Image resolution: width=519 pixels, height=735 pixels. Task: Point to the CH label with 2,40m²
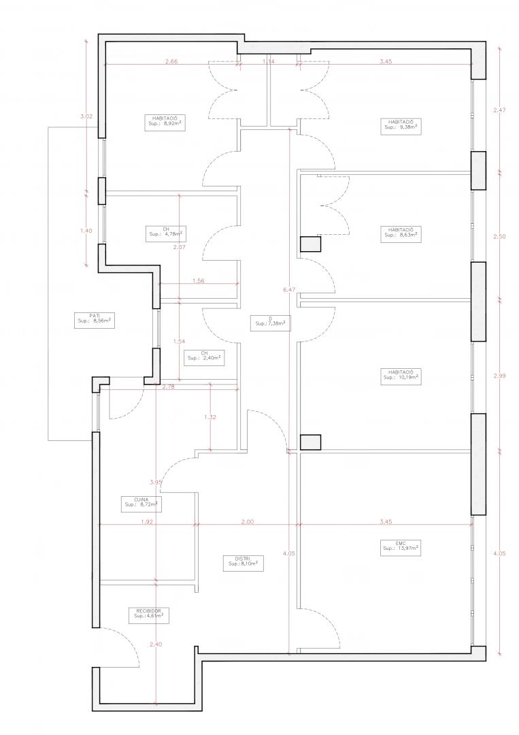coord(203,355)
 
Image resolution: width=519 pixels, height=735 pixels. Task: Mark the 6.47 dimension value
coord(288,290)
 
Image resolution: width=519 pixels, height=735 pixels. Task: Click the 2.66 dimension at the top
coord(171,61)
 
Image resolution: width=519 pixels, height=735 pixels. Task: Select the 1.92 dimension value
coord(147,522)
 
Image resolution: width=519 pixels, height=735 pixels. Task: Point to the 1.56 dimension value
coord(199,281)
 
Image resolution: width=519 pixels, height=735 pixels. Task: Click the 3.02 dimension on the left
coord(86,117)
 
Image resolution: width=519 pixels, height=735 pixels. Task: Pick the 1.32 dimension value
coord(210,417)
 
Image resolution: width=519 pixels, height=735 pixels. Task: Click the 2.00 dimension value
coord(248,522)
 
